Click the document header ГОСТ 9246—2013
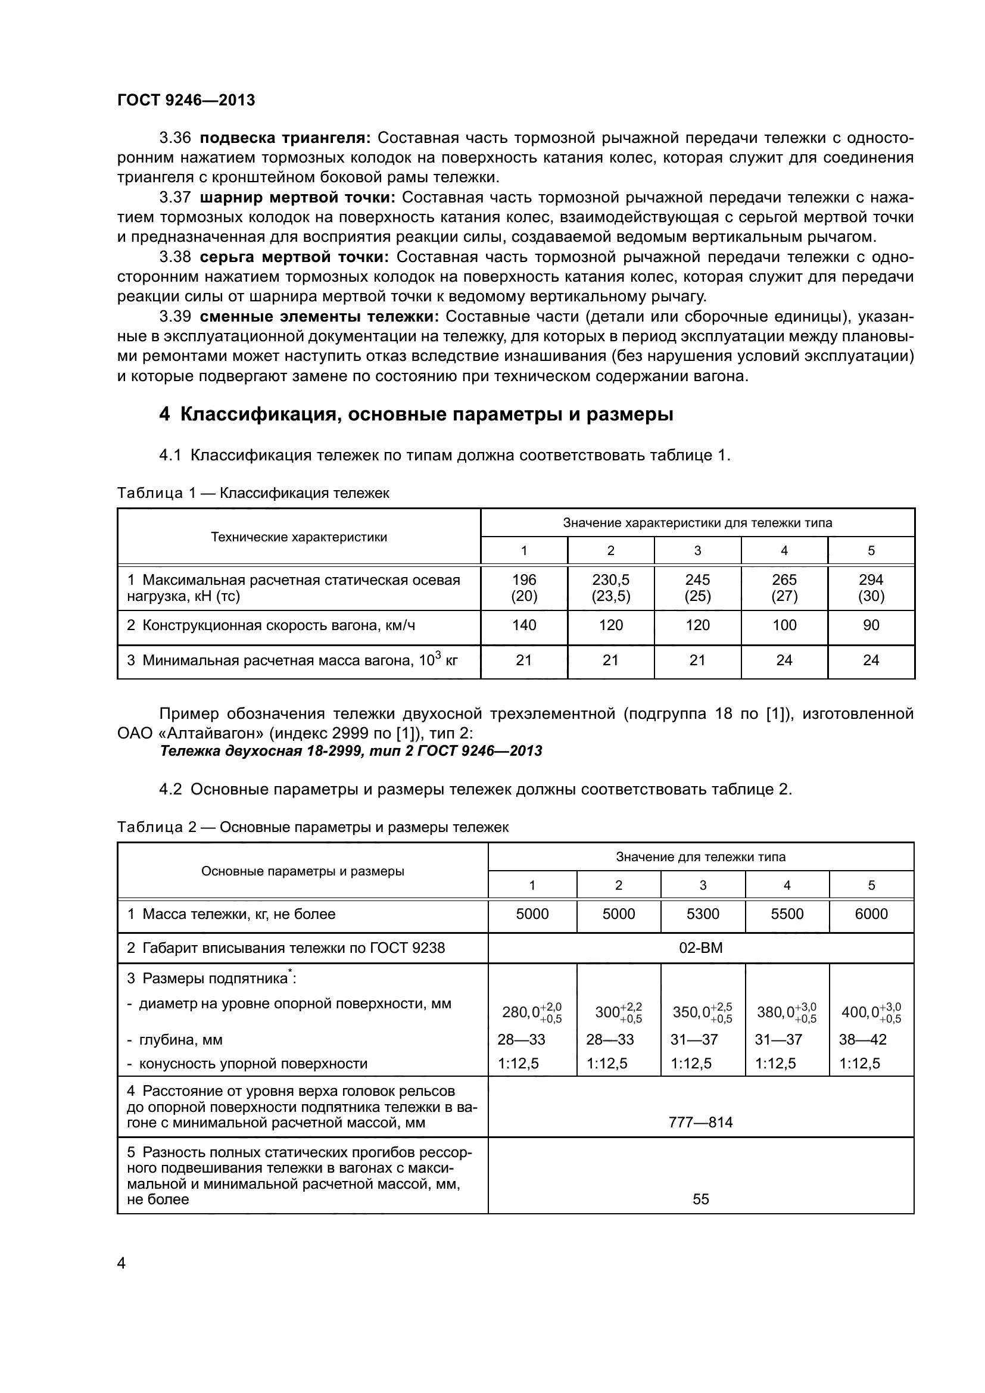click(x=186, y=100)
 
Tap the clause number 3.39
click(x=175, y=316)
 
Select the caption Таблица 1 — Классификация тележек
click(x=253, y=493)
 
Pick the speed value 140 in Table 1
click(x=523, y=625)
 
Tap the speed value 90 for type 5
click(x=871, y=625)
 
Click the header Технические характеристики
click(x=298, y=537)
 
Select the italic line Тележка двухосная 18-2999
click(x=351, y=751)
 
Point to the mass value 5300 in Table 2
click(x=702, y=914)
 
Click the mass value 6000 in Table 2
click(x=871, y=914)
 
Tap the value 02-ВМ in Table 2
click(x=700, y=948)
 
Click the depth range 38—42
click(x=862, y=1040)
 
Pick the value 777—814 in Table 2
click(x=700, y=1123)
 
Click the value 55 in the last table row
click(x=700, y=1199)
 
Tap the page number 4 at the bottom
click(x=121, y=1264)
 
